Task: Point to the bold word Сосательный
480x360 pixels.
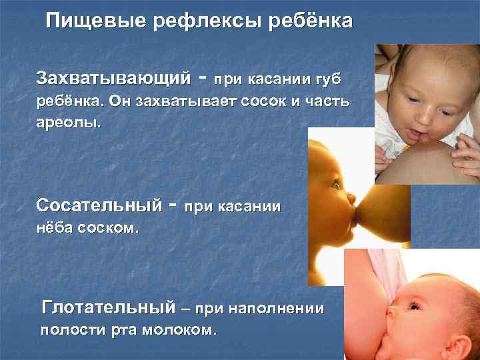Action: click(x=99, y=203)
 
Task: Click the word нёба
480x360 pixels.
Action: click(x=54, y=228)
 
